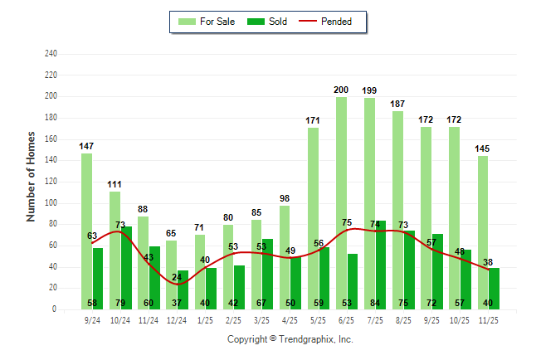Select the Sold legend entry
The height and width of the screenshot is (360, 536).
268,22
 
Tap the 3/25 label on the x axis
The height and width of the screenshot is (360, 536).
261,319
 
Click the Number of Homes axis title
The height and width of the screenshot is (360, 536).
31,176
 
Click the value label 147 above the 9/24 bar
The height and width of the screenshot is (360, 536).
86,146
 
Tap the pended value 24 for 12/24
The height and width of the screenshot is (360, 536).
177,277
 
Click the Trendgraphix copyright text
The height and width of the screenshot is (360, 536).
290,339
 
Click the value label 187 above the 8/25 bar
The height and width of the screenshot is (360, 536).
397,104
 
